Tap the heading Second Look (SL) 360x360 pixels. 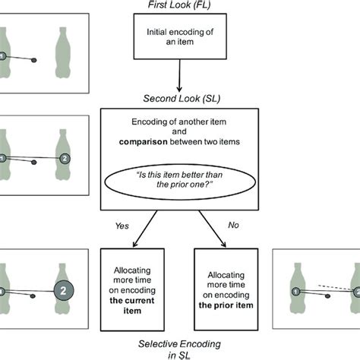pyautogui.click(x=180, y=98)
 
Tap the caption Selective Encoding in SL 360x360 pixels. pyautogui.click(x=180, y=346)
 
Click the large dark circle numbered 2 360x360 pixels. pyautogui.click(x=65, y=290)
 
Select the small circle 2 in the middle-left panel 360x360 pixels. pyautogui.click(x=65, y=158)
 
